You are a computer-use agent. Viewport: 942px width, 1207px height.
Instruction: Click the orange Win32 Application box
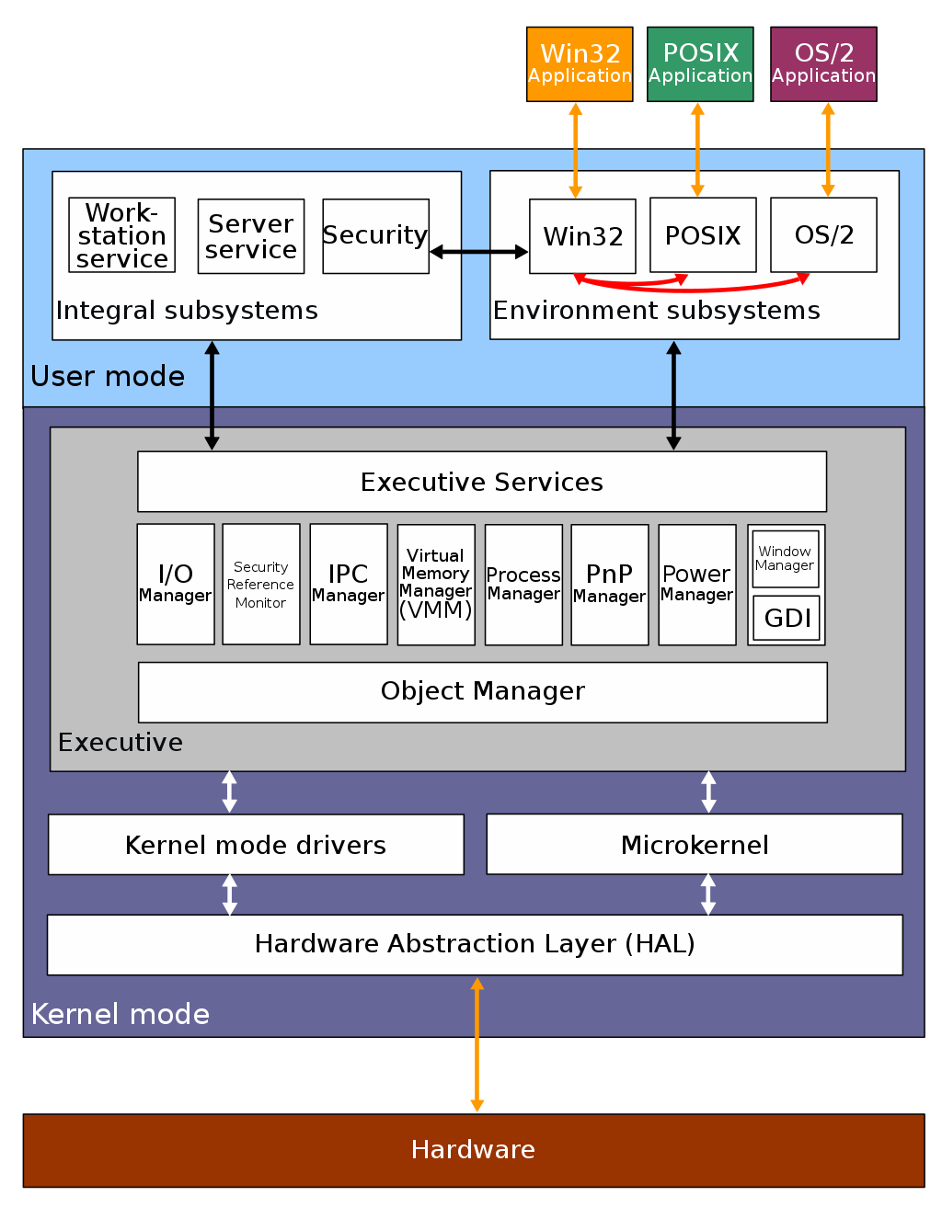coord(580,63)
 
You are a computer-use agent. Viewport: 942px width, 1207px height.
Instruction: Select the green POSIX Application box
coord(700,63)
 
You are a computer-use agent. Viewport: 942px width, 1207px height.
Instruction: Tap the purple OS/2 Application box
coord(823,63)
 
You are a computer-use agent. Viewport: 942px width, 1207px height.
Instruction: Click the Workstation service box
coord(121,235)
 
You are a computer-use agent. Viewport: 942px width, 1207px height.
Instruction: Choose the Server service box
coord(250,236)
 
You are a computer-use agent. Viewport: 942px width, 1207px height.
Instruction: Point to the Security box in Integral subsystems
coord(375,236)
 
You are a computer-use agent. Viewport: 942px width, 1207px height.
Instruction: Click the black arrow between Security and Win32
coord(478,251)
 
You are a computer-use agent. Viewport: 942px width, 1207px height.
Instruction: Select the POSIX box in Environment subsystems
coord(703,235)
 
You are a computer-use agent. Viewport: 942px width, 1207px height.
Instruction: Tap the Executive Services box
coord(481,482)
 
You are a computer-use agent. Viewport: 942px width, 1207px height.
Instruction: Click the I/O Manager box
coord(175,584)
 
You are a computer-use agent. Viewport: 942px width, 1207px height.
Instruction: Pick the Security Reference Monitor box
coord(260,584)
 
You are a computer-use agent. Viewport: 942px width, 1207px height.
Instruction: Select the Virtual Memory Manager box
coord(436,584)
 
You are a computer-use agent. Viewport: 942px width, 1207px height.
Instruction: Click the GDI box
coord(787,618)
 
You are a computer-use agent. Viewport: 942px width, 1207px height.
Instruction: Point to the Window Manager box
coord(785,558)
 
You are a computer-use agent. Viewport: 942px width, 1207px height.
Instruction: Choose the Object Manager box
coord(482,691)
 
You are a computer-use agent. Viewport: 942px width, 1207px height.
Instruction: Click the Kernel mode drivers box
coord(256,845)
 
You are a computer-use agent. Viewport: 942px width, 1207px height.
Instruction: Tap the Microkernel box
coord(694,845)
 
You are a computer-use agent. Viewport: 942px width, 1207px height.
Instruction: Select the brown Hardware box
coord(473,1150)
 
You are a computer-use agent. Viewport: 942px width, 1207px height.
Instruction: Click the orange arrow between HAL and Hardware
coord(477,1045)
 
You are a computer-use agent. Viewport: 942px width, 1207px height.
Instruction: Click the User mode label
coord(108,376)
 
